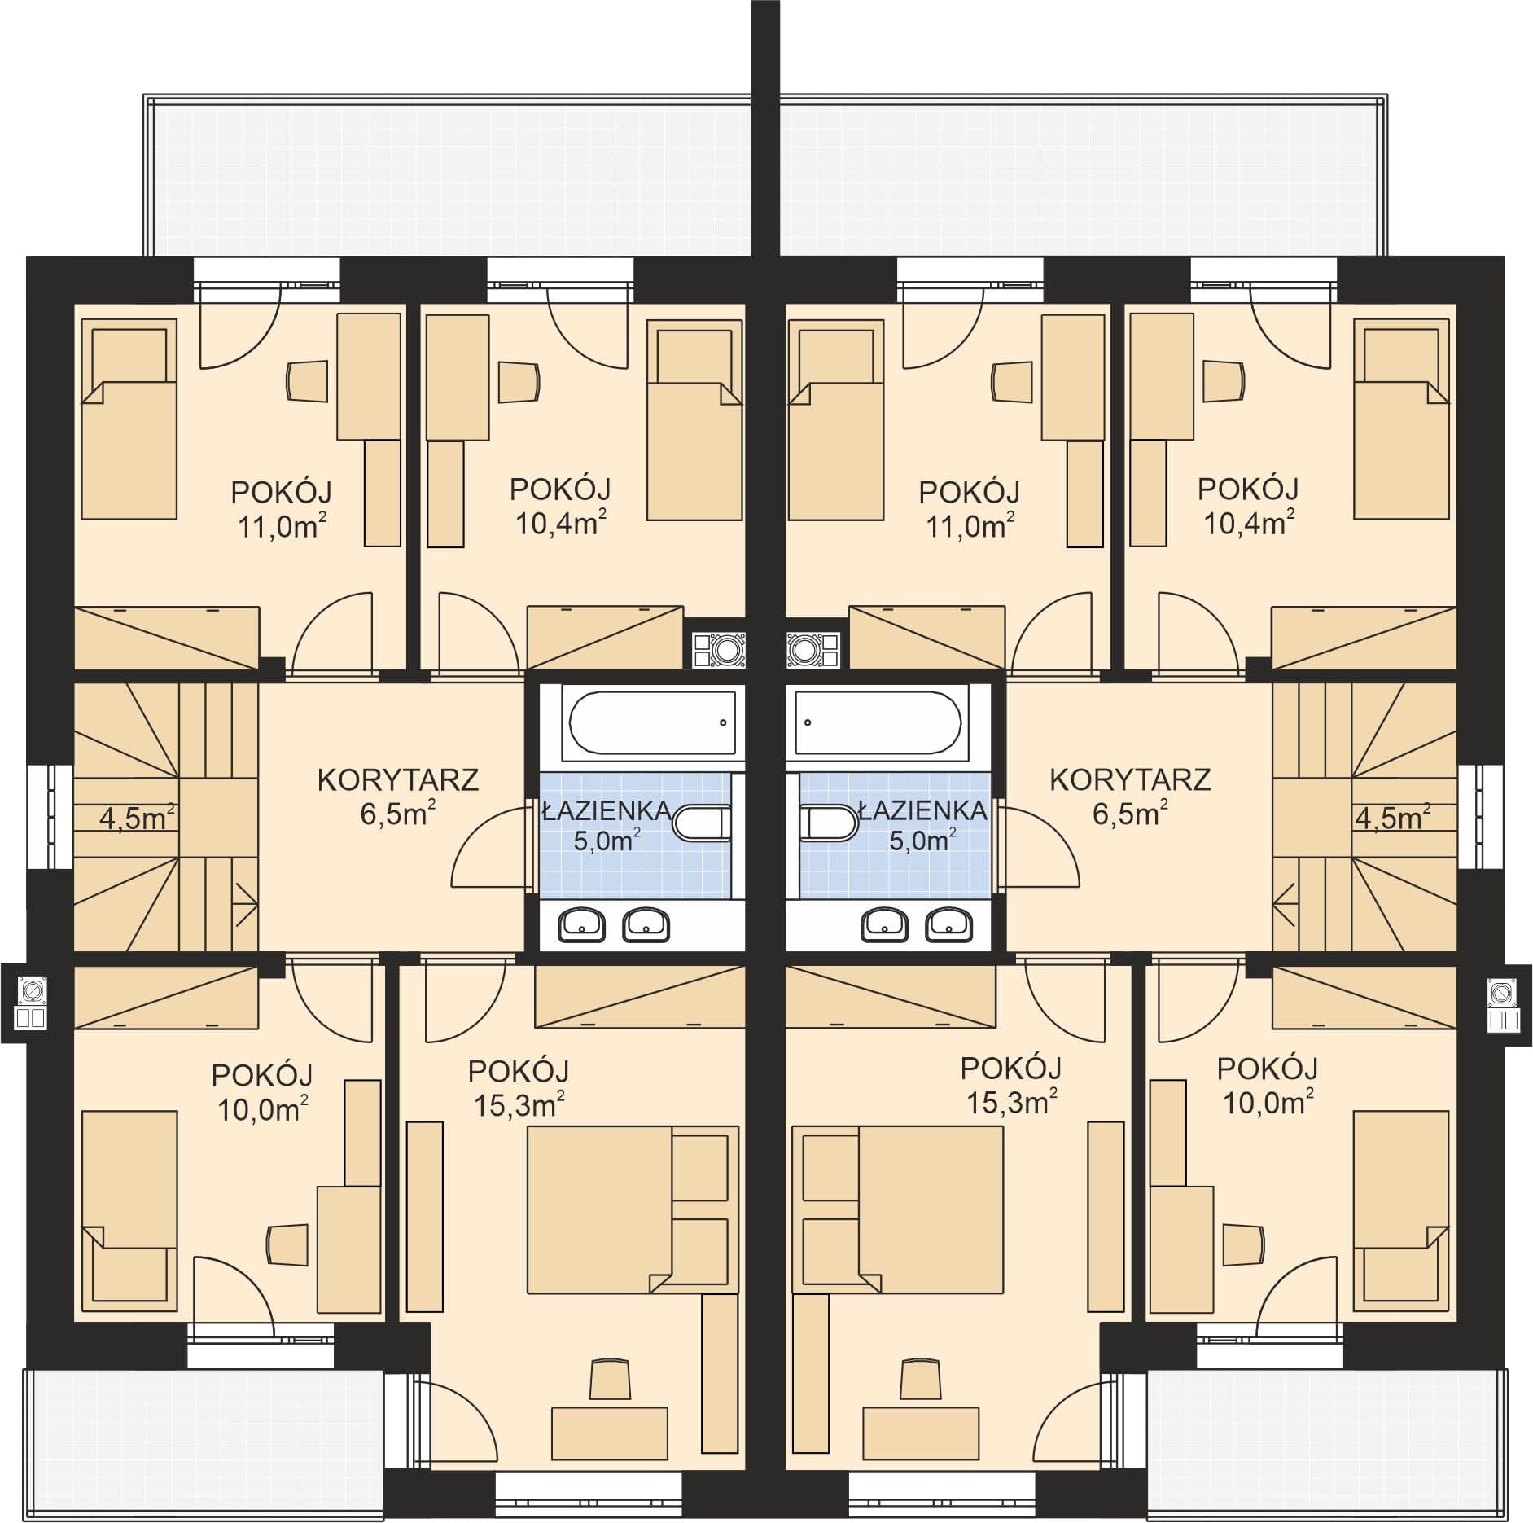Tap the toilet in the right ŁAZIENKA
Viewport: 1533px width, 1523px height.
click(x=828, y=823)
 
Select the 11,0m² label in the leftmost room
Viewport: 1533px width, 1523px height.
click(x=282, y=526)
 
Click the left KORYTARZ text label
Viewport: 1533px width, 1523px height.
click(x=397, y=779)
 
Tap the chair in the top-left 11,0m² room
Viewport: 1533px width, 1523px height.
click(x=308, y=381)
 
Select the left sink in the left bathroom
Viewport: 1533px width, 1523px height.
click(x=581, y=924)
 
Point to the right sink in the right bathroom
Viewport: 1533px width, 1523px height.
click(x=948, y=924)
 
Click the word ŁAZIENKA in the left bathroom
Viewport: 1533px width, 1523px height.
click(x=607, y=810)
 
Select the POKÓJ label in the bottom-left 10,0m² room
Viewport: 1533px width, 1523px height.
click(x=262, y=1075)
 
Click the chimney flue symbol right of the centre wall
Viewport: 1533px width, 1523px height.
click(x=815, y=649)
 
